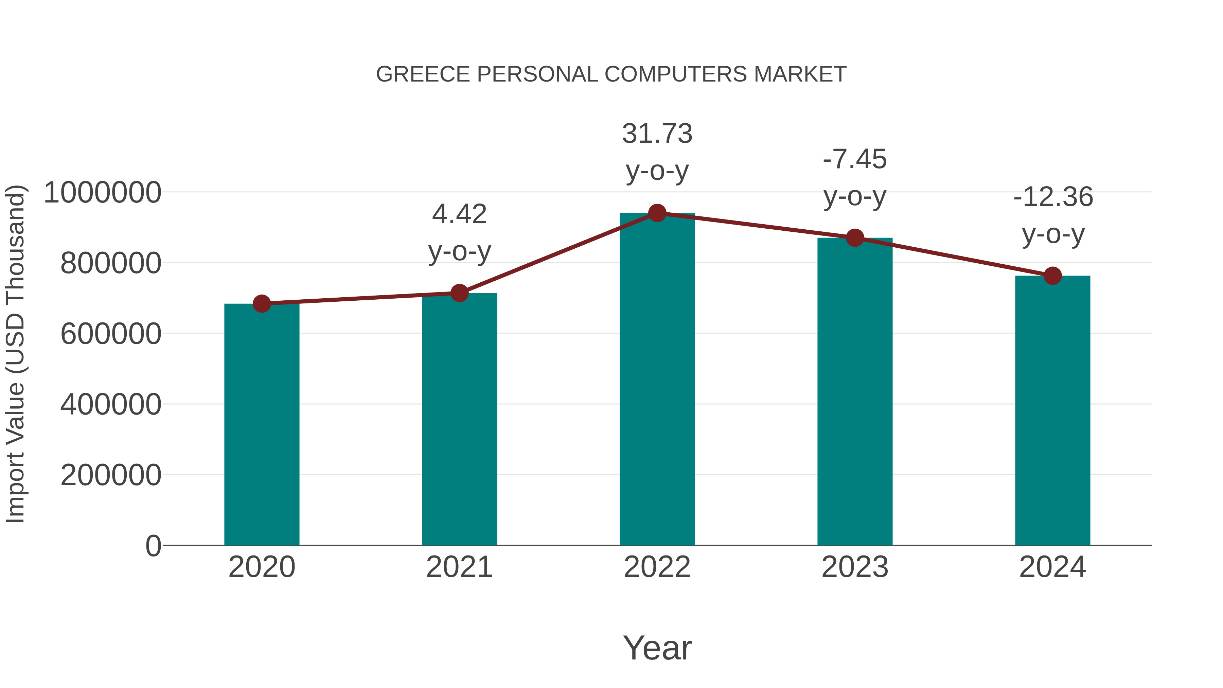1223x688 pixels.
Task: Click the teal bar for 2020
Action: [x=262, y=427]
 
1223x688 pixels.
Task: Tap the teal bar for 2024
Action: [x=1052, y=413]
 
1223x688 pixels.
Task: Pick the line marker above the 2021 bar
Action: [x=459, y=293]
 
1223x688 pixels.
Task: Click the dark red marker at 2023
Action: [x=855, y=237]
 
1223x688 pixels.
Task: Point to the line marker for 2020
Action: [x=262, y=303]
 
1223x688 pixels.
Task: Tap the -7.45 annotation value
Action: [x=855, y=159]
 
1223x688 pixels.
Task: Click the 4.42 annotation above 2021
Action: [x=459, y=214]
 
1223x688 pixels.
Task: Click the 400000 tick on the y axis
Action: [x=111, y=405]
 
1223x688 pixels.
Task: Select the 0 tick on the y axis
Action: [x=153, y=546]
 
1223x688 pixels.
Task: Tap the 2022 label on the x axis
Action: [x=657, y=567]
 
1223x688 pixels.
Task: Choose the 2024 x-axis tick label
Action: [x=1052, y=567]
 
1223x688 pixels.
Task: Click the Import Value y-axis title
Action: [x=15, y=354]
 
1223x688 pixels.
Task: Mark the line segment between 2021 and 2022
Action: [x=558, y=253]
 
